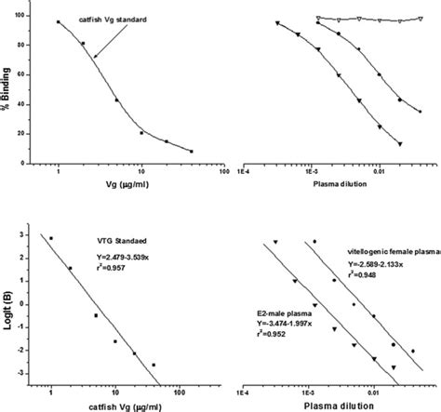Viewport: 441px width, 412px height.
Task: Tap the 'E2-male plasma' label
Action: [280, 313]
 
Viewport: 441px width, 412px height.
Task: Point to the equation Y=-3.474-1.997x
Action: [285, 326]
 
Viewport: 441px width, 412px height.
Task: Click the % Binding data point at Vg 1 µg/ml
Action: [58, 22]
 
